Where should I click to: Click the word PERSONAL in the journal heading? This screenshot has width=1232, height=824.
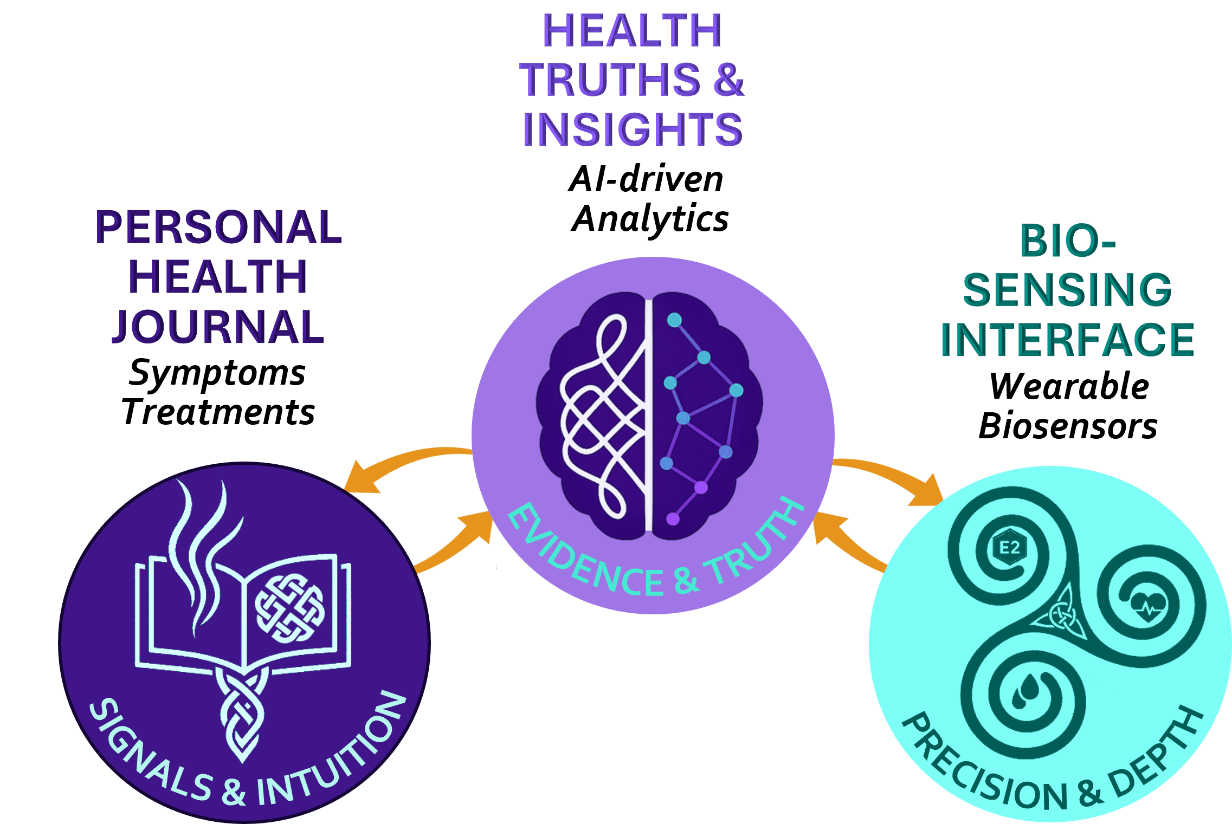click(x=218, y=227)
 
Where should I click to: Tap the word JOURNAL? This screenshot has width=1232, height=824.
click(x=218, y=327)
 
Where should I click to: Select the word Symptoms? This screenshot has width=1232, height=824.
click(x=217, y=374)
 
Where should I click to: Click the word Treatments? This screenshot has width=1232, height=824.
click(x=218, y=412)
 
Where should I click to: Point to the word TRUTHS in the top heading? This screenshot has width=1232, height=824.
click(x=610, y=80)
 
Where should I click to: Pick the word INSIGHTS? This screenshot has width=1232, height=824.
click(x=633, y=129)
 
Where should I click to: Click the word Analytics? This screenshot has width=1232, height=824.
click(x=650, y=219)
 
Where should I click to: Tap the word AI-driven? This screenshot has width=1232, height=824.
click(x=646, y=179)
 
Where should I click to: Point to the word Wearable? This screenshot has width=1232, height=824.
click(x=1069, y=386)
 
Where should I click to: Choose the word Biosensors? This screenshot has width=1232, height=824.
click(x=1068, y=426)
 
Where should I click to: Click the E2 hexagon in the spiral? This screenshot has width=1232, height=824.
click(x=1009, y=547)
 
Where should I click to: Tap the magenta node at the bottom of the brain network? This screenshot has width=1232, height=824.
click(x=673, y=519)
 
